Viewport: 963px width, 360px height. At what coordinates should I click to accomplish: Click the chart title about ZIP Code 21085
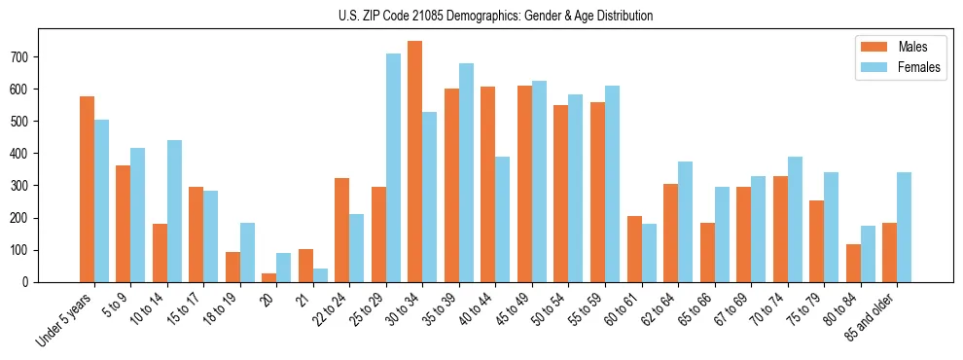481,16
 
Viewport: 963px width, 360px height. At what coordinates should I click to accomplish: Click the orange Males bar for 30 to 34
415,162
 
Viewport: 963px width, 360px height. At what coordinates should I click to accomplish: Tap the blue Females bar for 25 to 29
393,167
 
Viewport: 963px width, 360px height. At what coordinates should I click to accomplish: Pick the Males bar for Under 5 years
87,189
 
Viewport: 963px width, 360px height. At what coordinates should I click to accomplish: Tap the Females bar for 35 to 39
466,172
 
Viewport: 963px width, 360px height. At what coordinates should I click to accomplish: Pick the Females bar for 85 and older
904,227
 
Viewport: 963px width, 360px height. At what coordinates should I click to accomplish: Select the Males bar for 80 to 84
853,263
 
